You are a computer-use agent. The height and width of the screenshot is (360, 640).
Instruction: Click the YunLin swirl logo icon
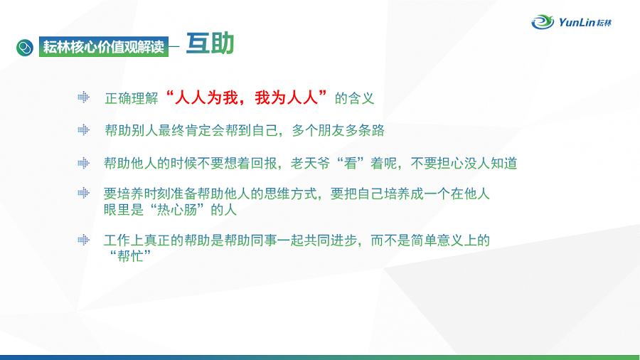coord(543,21)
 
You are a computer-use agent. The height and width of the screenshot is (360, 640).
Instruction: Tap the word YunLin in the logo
coord(577,22)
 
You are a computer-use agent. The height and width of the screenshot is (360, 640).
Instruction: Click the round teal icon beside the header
coord(25,48)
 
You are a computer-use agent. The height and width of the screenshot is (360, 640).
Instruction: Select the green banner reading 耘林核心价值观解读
coord(104,47)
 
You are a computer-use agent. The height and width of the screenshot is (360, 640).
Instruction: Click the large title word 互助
coord(210,43)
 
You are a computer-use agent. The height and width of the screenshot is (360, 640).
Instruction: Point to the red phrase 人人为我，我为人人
coord(247,97)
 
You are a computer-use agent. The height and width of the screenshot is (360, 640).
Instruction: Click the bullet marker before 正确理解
coord(83,97)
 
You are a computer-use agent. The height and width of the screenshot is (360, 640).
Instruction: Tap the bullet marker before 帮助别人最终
coord(83,129)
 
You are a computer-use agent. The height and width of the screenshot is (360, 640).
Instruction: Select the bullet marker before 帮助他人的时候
coord(83,163)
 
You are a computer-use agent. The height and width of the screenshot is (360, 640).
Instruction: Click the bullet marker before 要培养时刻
coord(83,193)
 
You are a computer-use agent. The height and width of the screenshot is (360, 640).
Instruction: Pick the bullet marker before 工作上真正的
coord(83,240)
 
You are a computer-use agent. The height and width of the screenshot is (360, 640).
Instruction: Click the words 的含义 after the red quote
coord(354,98)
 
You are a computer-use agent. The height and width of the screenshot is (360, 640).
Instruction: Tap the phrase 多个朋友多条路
coord(338,130)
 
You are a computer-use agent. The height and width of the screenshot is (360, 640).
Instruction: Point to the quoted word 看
coord(350,163)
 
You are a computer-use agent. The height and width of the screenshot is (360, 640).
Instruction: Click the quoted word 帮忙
coord(130,256)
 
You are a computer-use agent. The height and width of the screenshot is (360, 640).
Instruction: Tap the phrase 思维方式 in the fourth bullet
coord(290,194)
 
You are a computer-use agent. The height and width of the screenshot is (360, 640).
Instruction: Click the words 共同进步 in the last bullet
coord(330,240)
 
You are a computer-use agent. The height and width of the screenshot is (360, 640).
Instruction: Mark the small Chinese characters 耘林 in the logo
coord(604,23)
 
